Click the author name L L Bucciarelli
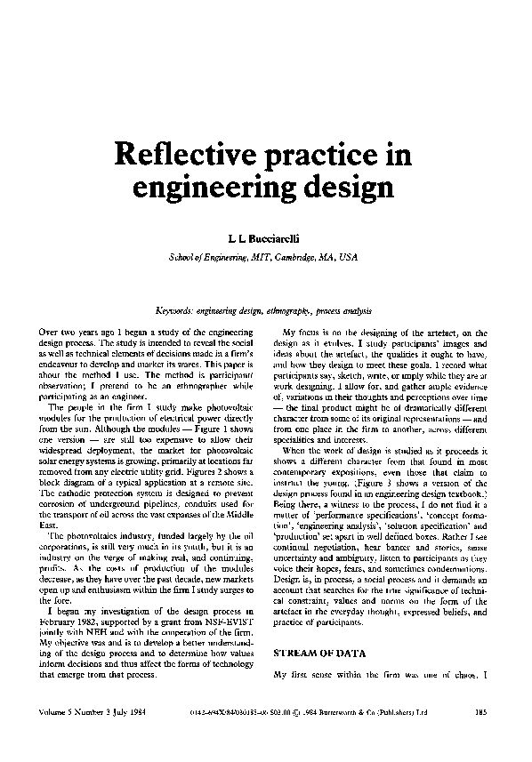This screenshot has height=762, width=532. (267, 240)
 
